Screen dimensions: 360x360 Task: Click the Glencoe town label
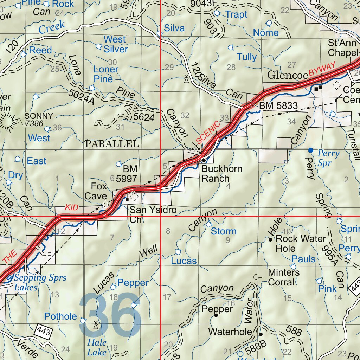pos(287,75)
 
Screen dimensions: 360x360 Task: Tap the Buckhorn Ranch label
pos(221,174)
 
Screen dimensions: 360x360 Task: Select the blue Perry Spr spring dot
pos(310,150)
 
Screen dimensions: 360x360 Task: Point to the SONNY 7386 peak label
pos(39,120)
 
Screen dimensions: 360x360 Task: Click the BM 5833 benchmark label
pos(278,105)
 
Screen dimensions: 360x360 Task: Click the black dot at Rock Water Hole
pos(270,240)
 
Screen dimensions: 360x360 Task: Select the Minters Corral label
pos(284,277)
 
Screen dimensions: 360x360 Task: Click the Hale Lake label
pos(97,347)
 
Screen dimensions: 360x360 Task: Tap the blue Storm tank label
pos(224,231)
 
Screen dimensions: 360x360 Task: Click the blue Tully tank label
pos(246,57)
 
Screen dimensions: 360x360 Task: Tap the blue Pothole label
pos(60,316)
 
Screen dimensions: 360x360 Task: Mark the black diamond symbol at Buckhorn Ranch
pos(204,160)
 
